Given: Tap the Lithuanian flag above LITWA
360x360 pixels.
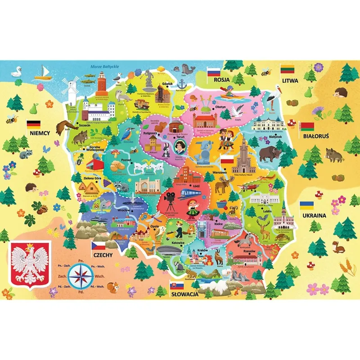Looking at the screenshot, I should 288,69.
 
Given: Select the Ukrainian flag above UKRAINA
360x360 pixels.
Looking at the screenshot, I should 308,206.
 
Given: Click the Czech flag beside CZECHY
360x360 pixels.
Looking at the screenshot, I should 99,246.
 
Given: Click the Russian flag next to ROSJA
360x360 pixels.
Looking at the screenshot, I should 213,72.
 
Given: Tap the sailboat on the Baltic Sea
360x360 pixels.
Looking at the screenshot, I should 44,71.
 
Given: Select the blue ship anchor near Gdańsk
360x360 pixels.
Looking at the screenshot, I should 182,84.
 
